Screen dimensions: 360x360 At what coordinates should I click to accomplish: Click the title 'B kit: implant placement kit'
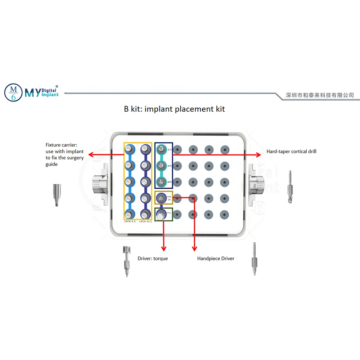click(175, 109)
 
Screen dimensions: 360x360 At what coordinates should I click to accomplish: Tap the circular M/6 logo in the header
click(13, 92)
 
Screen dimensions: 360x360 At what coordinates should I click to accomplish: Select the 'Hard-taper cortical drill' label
click(291, 152)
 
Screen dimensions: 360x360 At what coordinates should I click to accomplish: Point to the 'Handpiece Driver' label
click(216, 258)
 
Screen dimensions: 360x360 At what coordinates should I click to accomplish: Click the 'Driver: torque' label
click(153, 258)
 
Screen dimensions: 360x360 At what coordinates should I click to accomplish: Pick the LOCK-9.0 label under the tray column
click(130, 221)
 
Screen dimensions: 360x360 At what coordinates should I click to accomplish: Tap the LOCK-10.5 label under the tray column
click(145, 221)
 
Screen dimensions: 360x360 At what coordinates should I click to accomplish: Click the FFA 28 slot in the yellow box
click(161, 198)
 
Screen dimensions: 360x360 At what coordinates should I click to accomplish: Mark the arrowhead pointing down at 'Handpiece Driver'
click(195, 249)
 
